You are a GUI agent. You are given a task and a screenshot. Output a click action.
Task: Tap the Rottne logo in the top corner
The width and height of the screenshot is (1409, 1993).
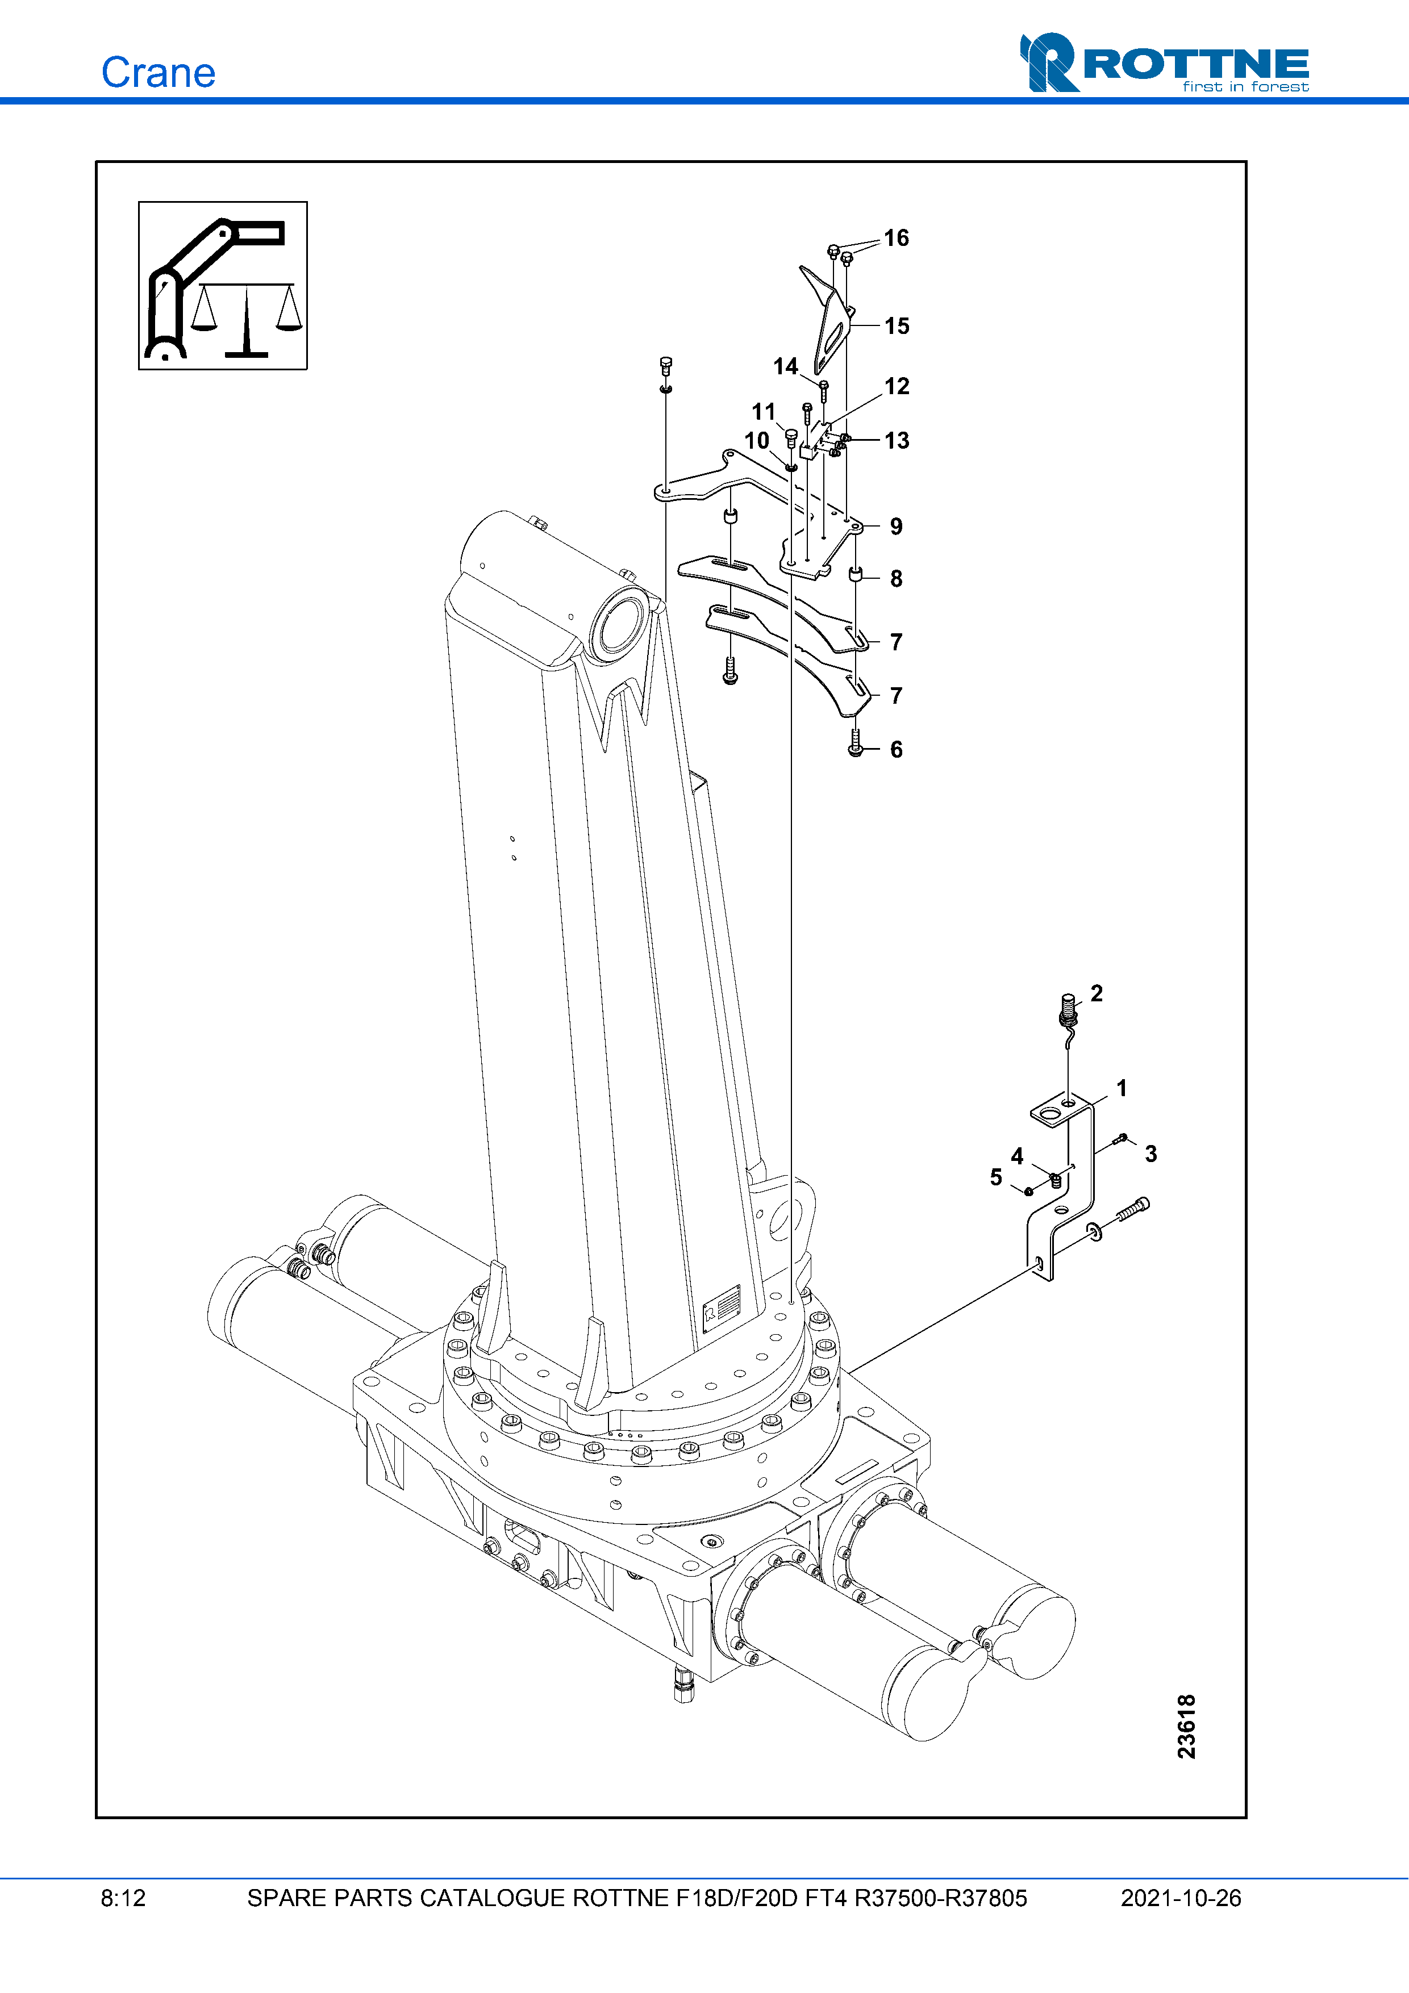tap(1164, 62)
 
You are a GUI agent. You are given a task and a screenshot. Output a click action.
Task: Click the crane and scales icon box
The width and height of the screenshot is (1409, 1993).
tap(223, 286)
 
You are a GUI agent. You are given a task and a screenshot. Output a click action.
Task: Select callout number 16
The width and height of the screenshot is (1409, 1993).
tap(896, 238)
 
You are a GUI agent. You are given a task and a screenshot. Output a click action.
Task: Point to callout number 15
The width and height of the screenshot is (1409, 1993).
tap(897, 327)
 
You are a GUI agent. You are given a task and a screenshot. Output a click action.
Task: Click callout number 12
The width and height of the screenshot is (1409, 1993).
tap(897, 386)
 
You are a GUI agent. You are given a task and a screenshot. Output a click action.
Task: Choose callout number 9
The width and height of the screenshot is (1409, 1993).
tap(896, 527)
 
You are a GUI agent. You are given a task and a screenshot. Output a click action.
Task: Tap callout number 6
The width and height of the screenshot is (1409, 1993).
tap(896, 750)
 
